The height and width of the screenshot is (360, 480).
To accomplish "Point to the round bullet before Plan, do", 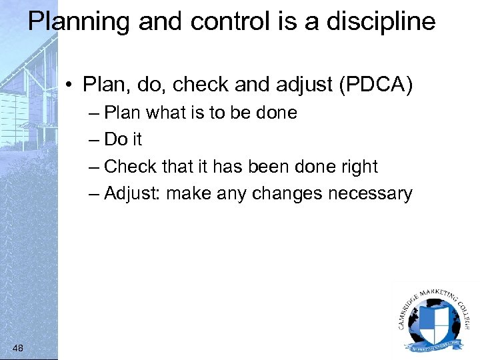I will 70,86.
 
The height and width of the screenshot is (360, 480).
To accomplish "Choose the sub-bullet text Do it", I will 123,139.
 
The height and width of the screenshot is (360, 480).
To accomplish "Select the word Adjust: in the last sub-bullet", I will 133,193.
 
